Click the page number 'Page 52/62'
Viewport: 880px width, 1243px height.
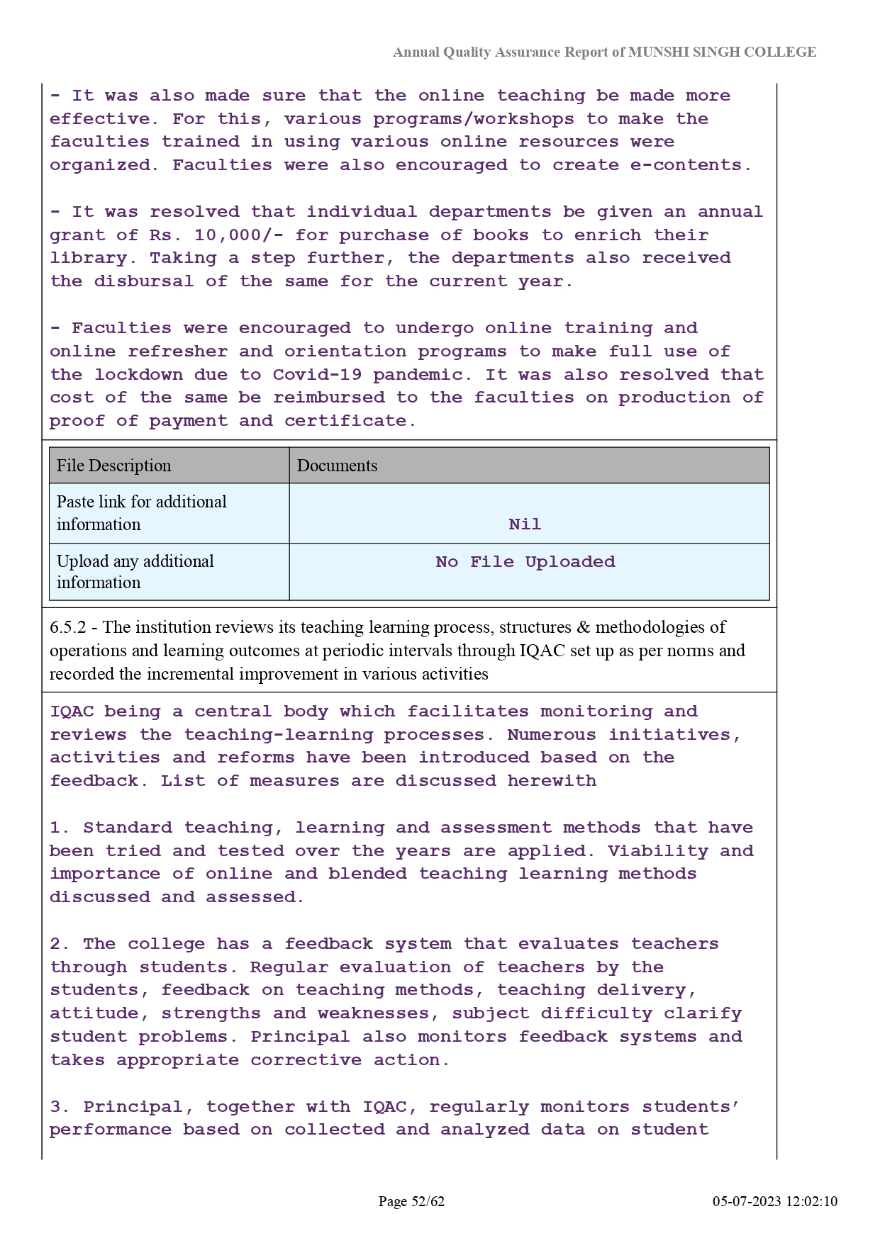411,1201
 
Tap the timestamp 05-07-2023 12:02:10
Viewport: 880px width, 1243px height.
775,1201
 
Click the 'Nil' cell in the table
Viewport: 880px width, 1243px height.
525,524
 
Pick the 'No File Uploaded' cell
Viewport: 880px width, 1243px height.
525,562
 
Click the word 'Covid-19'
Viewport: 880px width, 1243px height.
318,374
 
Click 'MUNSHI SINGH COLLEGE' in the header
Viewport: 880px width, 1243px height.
722,52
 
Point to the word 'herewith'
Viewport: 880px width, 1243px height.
552,781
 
